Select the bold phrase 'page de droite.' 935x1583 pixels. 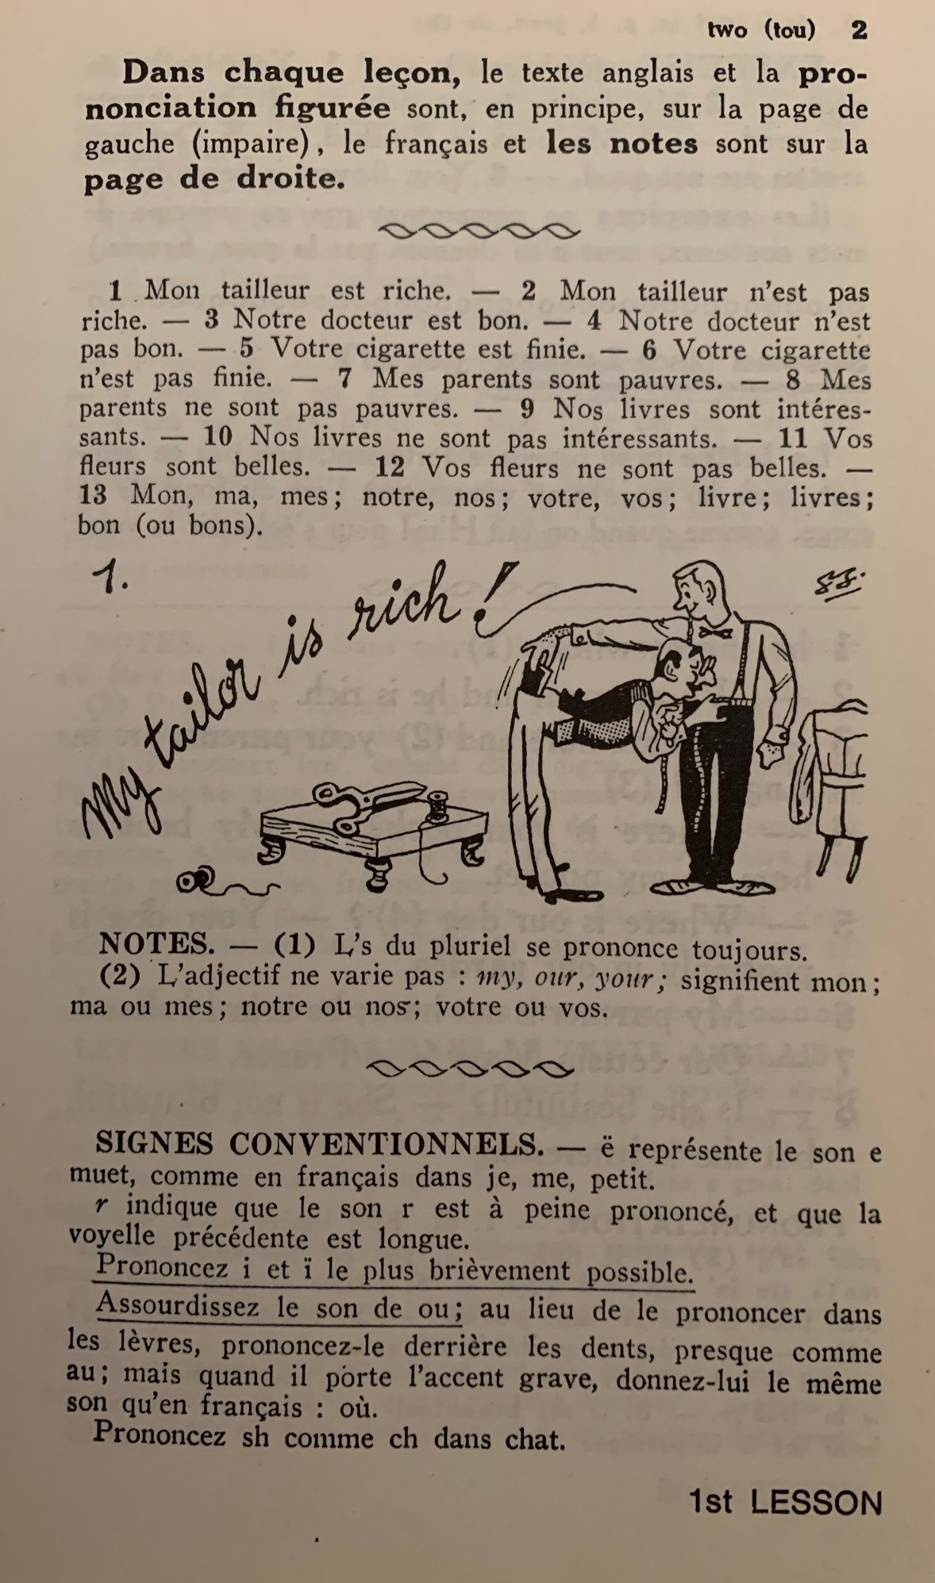[x=214, y=179]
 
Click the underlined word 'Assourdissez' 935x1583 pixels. [x=179, y=1308]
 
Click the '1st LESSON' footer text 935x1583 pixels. [x=786, y=1502]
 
